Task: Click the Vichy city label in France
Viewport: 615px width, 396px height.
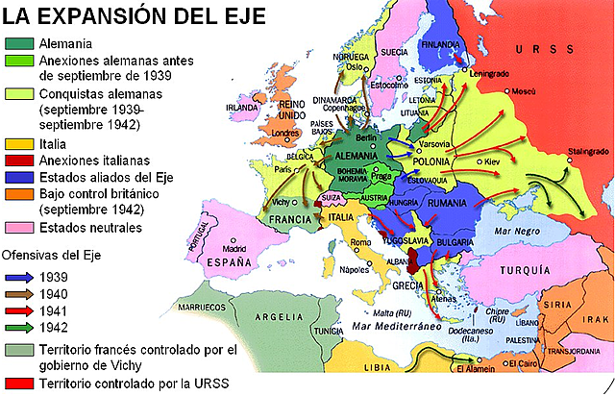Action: pos(278,205)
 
